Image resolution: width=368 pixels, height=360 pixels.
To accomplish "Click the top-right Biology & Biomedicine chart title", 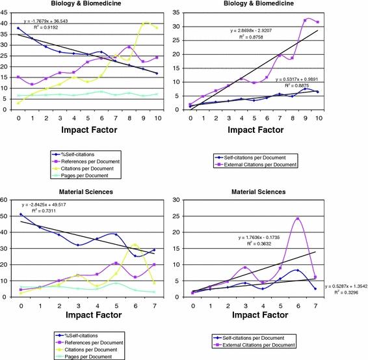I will (244, 5).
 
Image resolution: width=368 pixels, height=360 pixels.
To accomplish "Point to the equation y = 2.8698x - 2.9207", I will (261, 31).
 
